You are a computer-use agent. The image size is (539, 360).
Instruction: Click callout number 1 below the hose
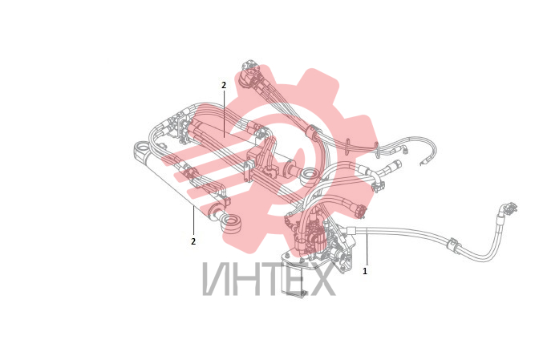(365, 271)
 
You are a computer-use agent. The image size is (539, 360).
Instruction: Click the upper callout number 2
(224, 85)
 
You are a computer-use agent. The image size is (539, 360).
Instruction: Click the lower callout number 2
(193, 241)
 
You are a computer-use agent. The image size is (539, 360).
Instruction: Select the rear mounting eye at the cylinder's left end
(142, 148)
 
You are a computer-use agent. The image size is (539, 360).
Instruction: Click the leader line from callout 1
(367, 249)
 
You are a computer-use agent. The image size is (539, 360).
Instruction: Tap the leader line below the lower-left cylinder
(194, 220)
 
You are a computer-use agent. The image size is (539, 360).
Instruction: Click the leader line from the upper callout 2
(224, 112)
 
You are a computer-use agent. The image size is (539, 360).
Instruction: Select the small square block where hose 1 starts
(351, 230)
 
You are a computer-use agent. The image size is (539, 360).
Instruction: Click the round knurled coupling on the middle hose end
(361, 210)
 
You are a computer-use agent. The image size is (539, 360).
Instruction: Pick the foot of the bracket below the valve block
(295, 293)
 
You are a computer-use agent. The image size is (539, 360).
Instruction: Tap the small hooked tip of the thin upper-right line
(422, 162)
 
